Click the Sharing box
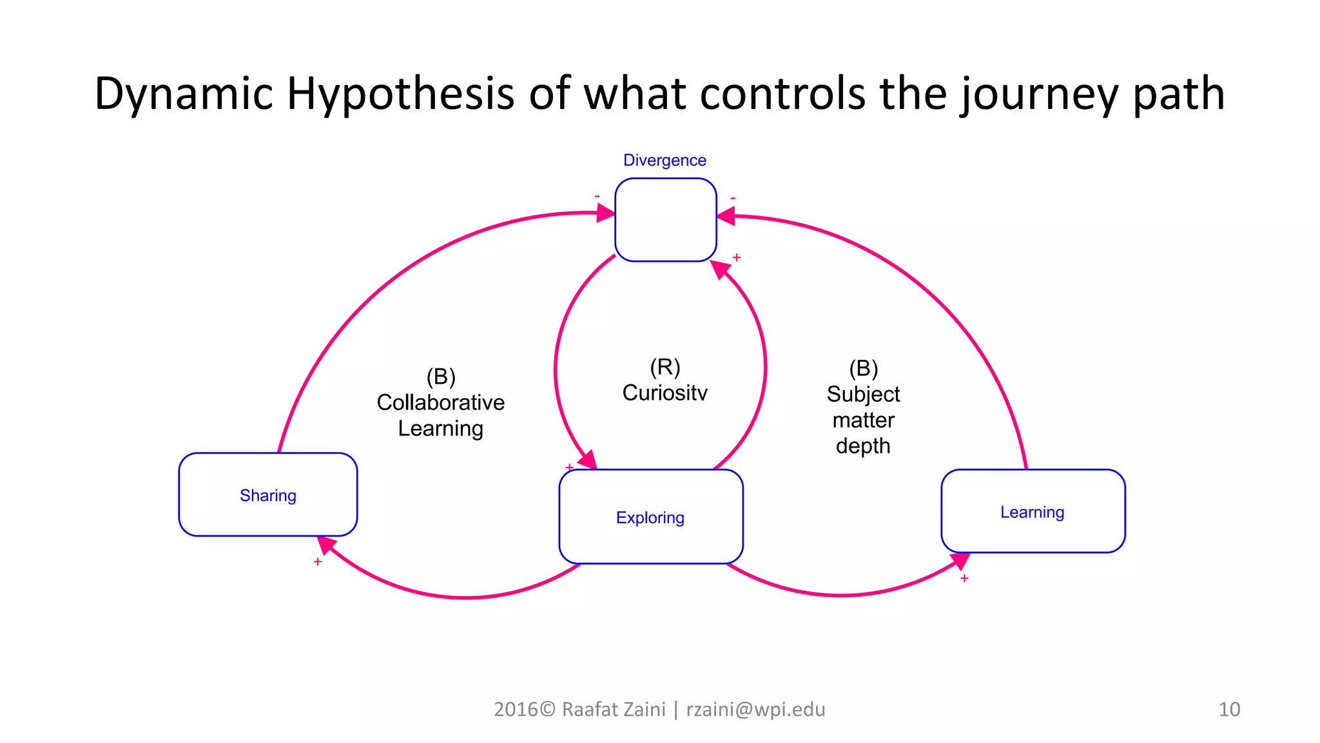click(267, 495)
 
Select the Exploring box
click(650, 517)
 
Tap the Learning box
click(1033, 511)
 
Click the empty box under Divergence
click(665, 220)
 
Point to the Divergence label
click(665, 160)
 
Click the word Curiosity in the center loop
click(665, 393)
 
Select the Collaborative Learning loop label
click(440, 415)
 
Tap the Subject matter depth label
click(863, 419)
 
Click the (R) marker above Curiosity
click(665, 367)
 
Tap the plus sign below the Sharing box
click(318, 562)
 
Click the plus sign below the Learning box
click(964, 579)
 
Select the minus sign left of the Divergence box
click(597, 196)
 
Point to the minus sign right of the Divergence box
click(733, 198)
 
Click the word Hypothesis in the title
click(400, 94)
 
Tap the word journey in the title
click(1040, 94)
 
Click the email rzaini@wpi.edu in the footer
click(755, 709)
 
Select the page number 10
click(1228, 709)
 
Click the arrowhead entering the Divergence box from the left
click(606, 212)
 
